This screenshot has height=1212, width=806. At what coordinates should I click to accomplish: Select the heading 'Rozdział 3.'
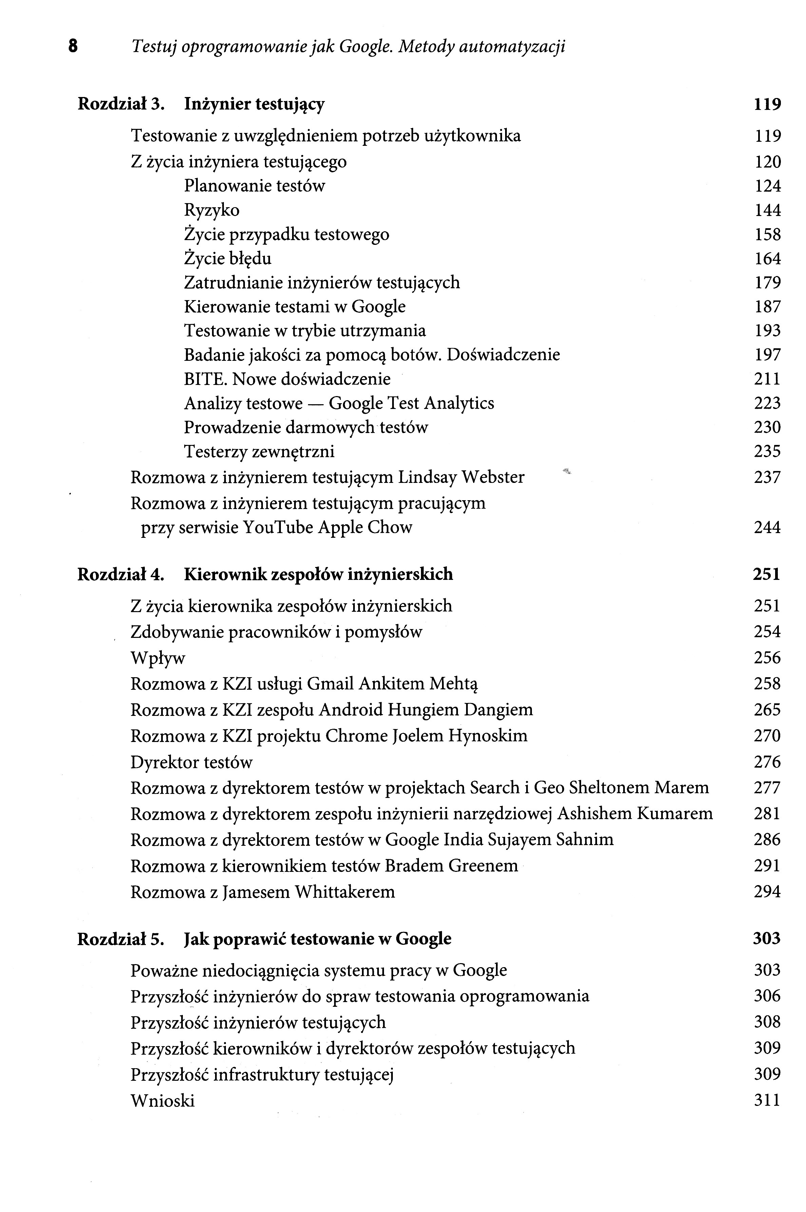pos(121,104)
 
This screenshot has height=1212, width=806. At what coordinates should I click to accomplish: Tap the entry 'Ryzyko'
pos(212,210)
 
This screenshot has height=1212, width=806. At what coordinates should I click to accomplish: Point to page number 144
pos(767,210)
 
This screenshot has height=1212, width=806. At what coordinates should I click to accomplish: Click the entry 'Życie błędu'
pos(228,258)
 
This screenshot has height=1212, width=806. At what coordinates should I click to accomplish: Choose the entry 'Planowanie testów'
pos(254,186)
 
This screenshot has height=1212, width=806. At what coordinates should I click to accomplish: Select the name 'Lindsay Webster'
pos(461,477)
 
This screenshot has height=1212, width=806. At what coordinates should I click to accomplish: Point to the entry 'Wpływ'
pos(158,658)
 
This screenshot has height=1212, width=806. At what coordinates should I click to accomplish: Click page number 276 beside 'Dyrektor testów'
pos(767,762)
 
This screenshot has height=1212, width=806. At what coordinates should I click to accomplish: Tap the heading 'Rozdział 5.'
pos(121,939)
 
